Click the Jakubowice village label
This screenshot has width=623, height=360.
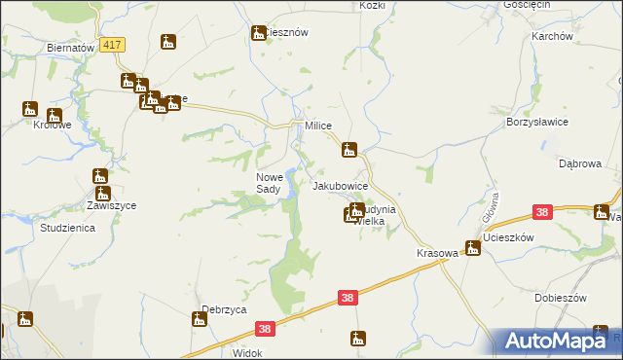(x=340, y=185)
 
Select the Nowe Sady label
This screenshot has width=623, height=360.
(x=269, y=183)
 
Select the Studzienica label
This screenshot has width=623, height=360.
(x=66, y=228)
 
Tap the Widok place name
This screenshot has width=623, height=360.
(x=247, y=353)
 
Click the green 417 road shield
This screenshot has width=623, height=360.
(x=113, y=46)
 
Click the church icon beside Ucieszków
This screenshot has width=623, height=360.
(x=472, y=248)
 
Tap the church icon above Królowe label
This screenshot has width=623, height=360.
(x=29, y=109)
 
